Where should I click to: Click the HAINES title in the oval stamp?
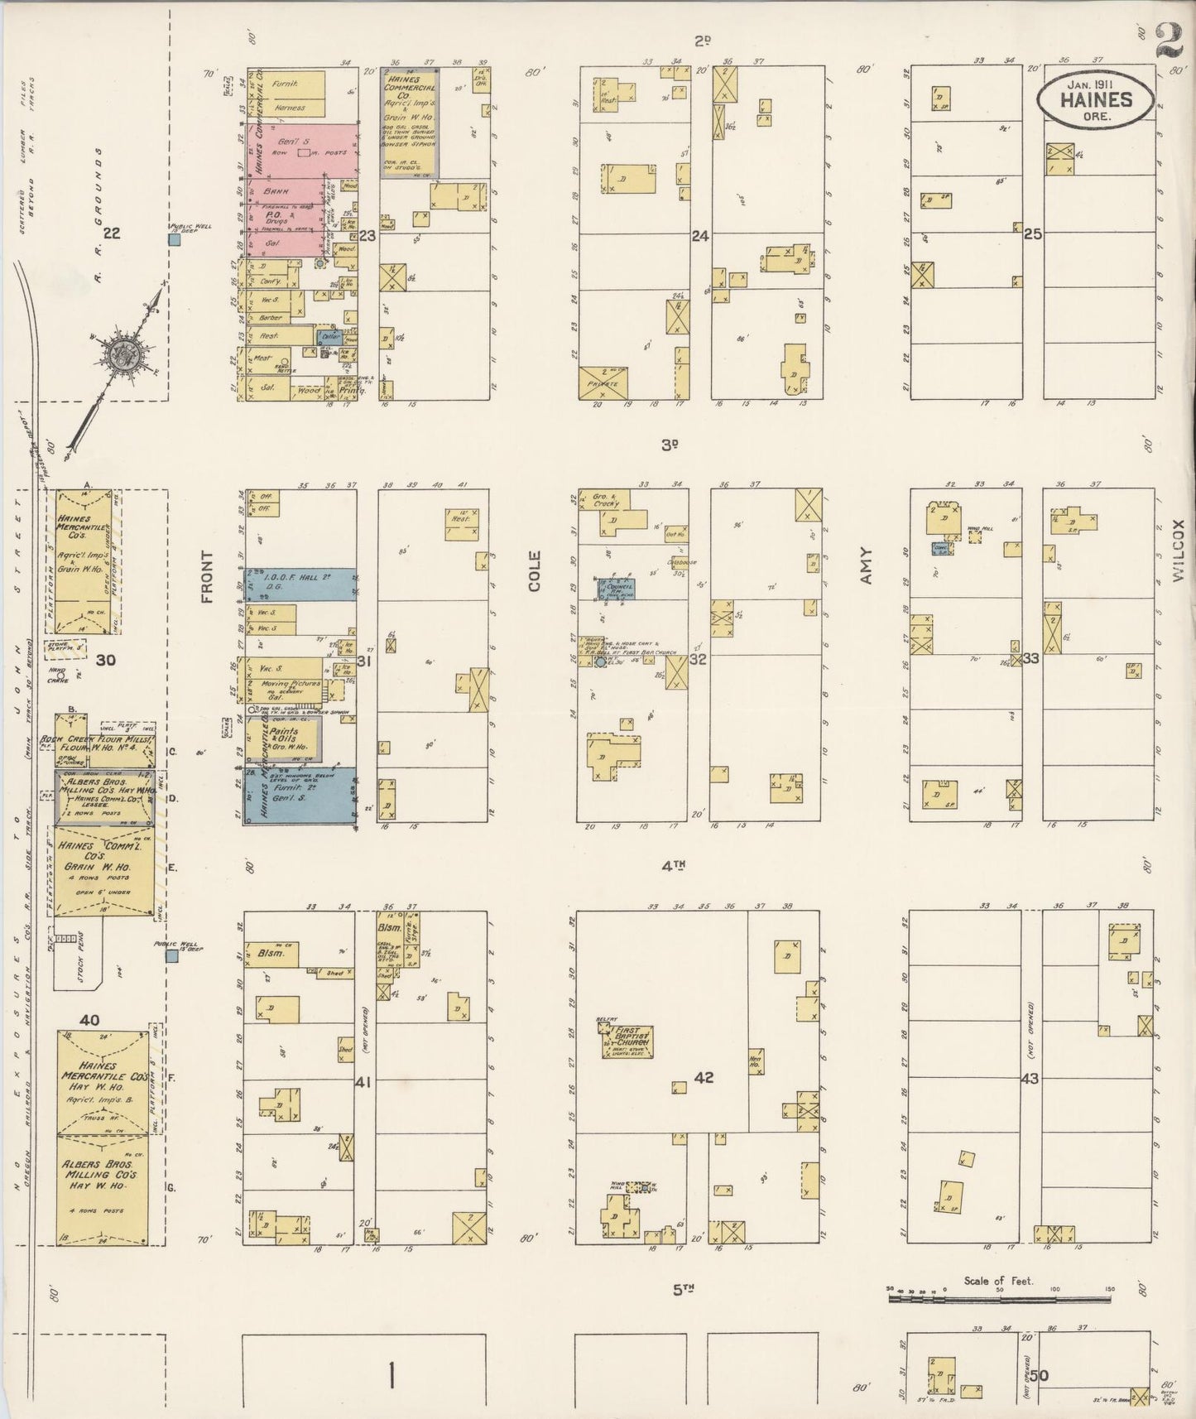(x=1096, y=100)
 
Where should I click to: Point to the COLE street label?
(x=534, y=571)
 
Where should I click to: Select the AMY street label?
(x=866, y=566)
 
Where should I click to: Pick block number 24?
(x=700, y=236)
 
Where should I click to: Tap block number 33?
(x=1030, y=658)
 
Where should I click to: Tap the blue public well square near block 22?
(x=175, y=240)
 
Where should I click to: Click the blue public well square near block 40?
(x=171, y=956)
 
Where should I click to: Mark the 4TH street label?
(x=675, y=866)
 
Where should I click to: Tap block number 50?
(x=1039, y=1376)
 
